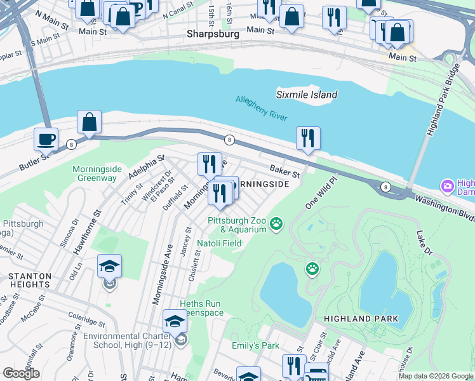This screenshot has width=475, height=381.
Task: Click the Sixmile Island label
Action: pyautogui.click(x=307, y=95)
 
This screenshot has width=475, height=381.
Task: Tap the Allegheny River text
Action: pyautogui.click(x=261, y=108)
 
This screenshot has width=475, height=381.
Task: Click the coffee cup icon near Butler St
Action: pyautogui.click(x=46, y=139)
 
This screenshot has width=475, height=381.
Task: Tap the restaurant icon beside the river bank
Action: pyautogui.click(x=308, y=138)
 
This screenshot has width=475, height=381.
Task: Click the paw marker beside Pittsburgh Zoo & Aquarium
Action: pyautogui.click(x=276, y=223)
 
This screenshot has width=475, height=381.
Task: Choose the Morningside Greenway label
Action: pyautogui.click(x=95, y=173)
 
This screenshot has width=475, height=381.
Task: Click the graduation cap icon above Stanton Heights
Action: pyautogui.click(x=109, y=266)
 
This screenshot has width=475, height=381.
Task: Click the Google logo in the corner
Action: pyautogui.click(x=21, y=373)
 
